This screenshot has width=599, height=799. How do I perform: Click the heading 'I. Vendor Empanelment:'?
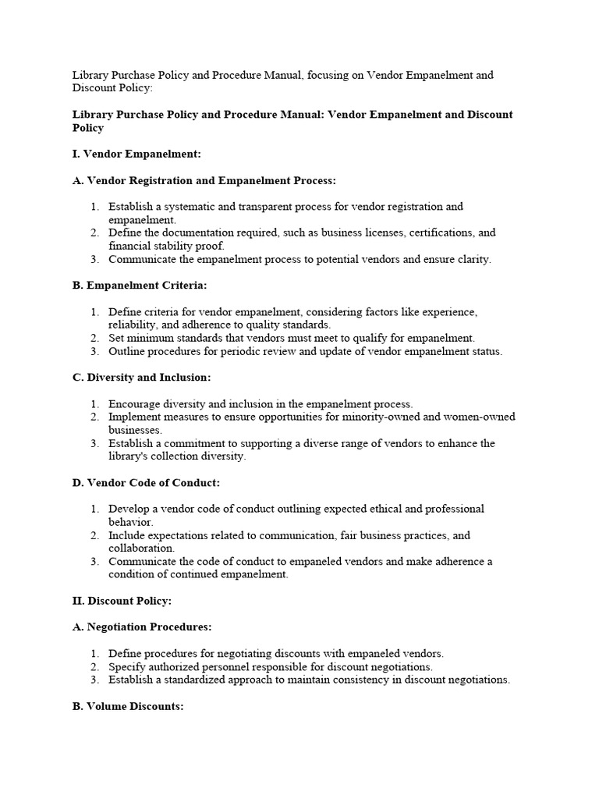pyautogui.click(x=136, y=154)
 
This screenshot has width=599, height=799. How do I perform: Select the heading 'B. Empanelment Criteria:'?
pyautogui.click(x=140, y=286)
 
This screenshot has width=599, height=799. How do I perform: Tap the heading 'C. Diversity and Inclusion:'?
pyautogui.click(x=142, y=378)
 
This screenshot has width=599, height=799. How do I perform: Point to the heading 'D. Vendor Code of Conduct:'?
pyautogui.click(x=146, y=483)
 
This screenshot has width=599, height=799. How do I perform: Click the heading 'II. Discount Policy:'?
pyautogui.click(x=122, y=602)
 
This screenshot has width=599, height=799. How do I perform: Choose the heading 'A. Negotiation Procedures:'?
pyautogui.click(x=142, y=627)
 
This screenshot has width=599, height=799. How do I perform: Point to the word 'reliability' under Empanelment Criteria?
pyautogui.click(x=132, y=325)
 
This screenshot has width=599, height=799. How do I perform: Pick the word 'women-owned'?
pyautogui.click(x=480, y=417)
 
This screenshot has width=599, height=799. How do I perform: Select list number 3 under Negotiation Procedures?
pyautogui.click(x=94, y=680)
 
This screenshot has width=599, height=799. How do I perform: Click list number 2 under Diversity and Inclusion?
pyautogui.click(x=94, y=417)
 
